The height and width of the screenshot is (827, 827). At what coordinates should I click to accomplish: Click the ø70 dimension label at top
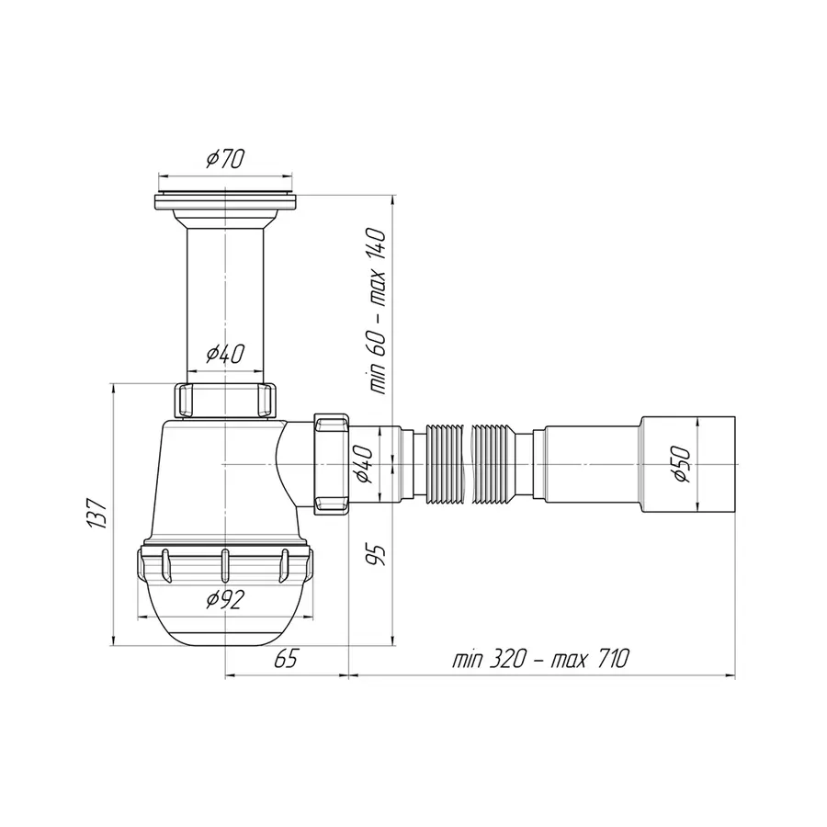pos(225,160)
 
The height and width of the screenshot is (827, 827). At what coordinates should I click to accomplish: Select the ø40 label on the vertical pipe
pos(225,353)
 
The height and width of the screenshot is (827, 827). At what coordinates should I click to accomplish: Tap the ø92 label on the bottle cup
pos(225,600)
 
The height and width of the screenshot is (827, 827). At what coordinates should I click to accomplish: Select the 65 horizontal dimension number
pos(287,660)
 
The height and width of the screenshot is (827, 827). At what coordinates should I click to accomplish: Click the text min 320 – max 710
pos(540,660)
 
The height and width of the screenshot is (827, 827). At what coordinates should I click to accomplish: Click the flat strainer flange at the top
pos(225,198)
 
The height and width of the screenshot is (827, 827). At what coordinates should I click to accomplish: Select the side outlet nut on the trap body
pos(330,463)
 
